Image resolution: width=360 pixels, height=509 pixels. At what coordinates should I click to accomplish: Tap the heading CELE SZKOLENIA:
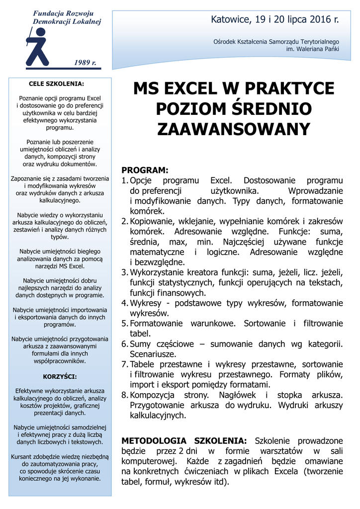point(56,84)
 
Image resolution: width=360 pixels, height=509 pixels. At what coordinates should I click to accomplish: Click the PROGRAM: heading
point(145,170)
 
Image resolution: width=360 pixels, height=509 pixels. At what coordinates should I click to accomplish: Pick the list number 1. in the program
point(125,180)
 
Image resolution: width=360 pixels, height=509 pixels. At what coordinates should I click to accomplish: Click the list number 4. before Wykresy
point(125,303)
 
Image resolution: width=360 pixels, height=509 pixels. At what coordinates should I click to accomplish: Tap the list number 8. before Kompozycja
point(125,395)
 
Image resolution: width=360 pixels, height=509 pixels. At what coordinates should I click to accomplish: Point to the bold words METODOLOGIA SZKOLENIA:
point(184,441)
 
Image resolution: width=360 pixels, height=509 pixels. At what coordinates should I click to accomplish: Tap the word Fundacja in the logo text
point(48,13)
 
